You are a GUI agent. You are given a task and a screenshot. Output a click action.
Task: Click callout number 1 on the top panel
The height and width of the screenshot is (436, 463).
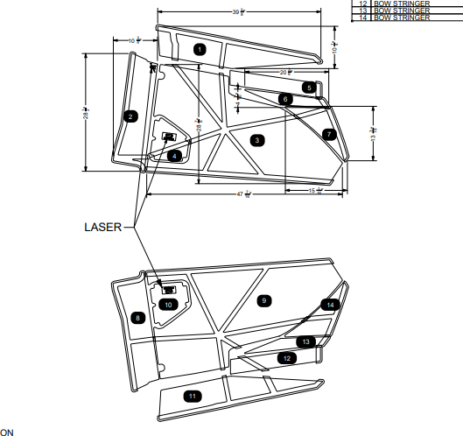click(200, 50)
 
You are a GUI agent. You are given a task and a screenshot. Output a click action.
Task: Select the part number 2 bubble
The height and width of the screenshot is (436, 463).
click(129, 116)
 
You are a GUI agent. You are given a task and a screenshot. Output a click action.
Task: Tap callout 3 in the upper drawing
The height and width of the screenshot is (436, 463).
click(256, 140)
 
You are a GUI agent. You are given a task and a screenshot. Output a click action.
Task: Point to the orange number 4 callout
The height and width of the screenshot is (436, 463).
click(175, 156)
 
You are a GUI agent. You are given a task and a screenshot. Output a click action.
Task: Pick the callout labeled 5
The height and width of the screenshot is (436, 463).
click(308, 87)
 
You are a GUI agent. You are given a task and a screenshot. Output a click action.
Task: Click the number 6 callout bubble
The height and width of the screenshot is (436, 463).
click(285, 100)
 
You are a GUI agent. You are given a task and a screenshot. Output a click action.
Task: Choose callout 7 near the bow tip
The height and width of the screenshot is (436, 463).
click(328, 135)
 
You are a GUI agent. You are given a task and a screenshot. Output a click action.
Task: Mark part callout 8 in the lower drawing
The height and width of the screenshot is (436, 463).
click(137, 318)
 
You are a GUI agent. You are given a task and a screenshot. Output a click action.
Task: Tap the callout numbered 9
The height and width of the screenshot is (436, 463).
click(263, 300)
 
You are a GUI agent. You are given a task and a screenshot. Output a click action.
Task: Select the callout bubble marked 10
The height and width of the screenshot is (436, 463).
click(169, 304)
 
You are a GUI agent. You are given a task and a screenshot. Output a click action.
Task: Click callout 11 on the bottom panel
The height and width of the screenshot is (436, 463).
click(192, 397)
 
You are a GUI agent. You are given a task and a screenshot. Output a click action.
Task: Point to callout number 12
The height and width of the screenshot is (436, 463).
click(286, 358)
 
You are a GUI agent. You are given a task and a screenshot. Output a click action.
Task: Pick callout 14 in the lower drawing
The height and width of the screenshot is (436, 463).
click(329, 305)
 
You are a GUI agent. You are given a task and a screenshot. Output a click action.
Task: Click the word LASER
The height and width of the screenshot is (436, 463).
click(102, 227)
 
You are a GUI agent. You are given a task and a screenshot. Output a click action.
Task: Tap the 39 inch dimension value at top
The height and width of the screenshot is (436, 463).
click(238, 11)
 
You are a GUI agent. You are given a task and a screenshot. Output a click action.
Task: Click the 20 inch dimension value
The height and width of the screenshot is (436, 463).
click(284, 72)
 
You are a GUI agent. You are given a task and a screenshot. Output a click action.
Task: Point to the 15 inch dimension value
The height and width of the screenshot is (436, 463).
click(315, 190)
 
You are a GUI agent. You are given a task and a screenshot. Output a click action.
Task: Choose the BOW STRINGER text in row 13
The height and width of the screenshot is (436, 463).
click(402, 11)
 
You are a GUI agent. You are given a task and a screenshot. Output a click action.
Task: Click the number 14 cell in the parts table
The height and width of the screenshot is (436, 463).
click(362, 18)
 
